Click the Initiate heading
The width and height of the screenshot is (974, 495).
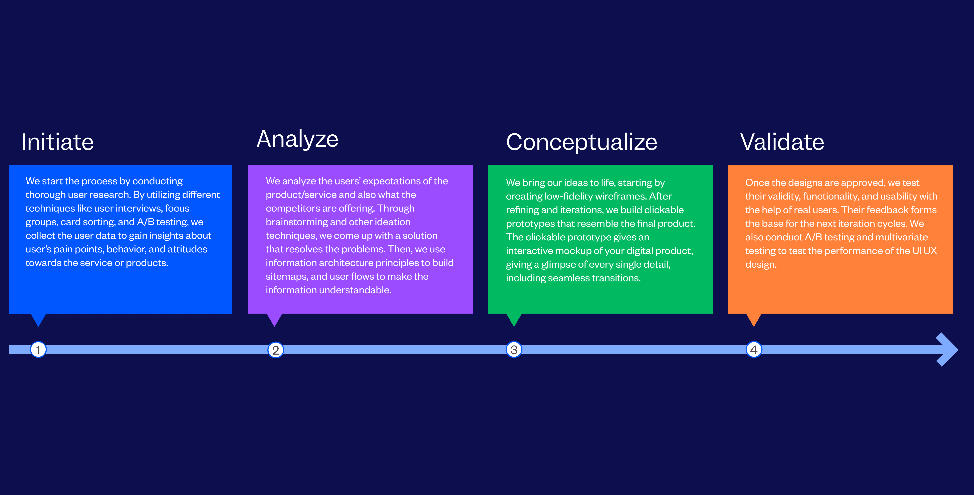point(57,142)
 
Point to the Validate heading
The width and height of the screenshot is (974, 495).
point(782,142)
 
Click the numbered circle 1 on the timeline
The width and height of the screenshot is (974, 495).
point(38,349)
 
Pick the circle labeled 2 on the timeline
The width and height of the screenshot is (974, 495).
point(276,350)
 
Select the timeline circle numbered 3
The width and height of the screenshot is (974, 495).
point(514,350)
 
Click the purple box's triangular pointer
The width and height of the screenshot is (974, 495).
point(274,319)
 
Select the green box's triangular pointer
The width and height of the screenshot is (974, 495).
point(514,319)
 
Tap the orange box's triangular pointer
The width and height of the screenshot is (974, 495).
point(754,319)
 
